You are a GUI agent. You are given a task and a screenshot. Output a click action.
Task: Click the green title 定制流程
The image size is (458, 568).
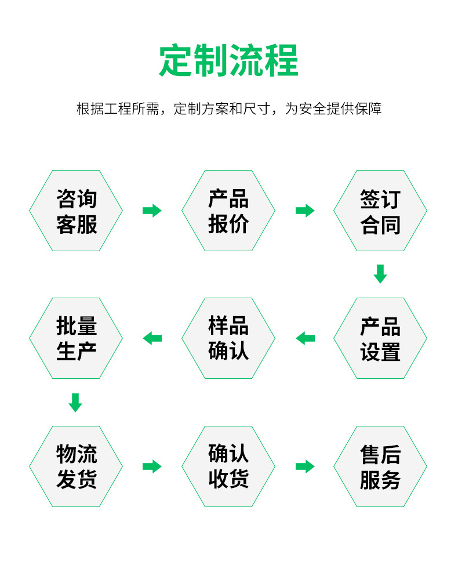pyautogui.click(x=228, y=60)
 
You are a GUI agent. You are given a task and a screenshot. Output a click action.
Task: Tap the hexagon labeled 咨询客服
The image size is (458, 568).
pyautogui.click(x=76, y=211)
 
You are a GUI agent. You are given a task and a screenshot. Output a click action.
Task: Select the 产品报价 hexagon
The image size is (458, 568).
pyautogui.click(x=228, y=211)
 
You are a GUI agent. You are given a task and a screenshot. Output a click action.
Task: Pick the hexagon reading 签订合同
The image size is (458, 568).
pyautogui.click(x=380, y=211)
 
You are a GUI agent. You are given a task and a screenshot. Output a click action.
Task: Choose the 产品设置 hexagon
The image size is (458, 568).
pyautogui.click(x=380, y=338)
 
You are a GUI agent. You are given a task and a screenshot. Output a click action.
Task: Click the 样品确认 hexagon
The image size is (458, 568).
pyautogui.click(x=228, y=338)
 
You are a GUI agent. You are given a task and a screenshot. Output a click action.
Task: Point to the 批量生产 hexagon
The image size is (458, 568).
pyautogui.click(x=76, y=338)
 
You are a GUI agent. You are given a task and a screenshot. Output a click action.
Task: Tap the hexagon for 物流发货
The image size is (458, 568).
pyautogui.click(x=76, y=466)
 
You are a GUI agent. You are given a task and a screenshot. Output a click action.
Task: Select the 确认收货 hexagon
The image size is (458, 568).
pyautogui.click(x=228, y=466)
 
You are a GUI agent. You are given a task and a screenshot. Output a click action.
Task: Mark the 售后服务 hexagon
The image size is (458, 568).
pyautogui.click(x=380, y=466)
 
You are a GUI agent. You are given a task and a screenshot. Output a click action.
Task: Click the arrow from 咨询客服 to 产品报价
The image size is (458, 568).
pyautogui.click(x=152, y=211)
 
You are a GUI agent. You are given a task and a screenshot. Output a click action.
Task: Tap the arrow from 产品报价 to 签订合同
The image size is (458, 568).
pyautogui.click(x=305, y=211)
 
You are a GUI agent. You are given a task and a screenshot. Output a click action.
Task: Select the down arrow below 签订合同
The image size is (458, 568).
pyautogui.click(x=380, y=274)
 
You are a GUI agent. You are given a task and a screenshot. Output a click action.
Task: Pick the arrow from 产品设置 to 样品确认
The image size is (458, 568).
pyautogui.click(x=305, y=338)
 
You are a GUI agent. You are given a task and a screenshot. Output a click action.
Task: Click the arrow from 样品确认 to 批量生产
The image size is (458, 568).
pyautogui.click(x=152, y=338)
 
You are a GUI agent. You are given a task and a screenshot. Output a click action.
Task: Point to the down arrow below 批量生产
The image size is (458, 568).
pyautogui.click(x=75, y=402)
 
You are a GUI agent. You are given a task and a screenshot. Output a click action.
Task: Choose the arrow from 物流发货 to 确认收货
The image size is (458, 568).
pyautogui.click(x=152, y=466)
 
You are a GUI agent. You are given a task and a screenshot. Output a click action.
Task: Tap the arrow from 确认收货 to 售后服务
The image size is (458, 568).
pyautogui.click(x=305, y=466)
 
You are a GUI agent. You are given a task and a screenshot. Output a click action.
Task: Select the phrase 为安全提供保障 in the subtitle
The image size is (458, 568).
pyautogui.click(x=333, y=109)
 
